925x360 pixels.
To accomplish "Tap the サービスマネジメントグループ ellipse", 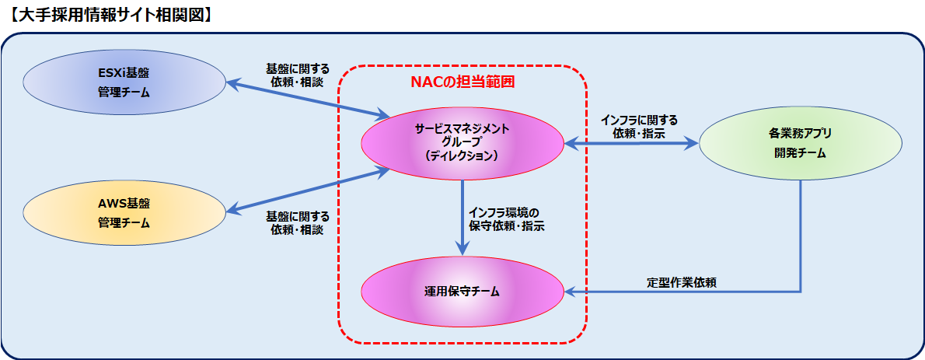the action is [462, 143].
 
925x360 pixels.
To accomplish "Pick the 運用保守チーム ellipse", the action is [462, 291].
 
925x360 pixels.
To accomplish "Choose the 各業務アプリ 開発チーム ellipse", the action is [801, 143].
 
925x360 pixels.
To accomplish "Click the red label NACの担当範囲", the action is [462, 82].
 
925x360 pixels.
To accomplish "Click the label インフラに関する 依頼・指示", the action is [639, 127].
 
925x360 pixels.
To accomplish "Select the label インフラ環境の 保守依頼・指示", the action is [505, 219].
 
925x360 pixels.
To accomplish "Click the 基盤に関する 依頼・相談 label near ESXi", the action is [297, 75].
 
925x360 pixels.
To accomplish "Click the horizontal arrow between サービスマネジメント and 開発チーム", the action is [631, 143].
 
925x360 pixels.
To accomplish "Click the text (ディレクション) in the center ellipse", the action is [462, 156].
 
